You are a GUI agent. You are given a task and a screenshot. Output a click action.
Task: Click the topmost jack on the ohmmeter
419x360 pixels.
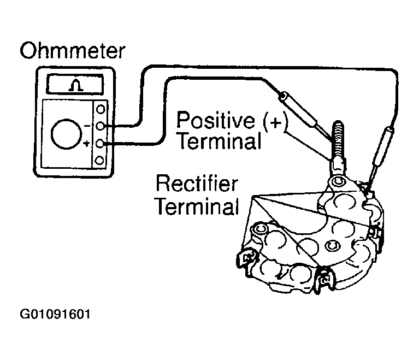point(100,109)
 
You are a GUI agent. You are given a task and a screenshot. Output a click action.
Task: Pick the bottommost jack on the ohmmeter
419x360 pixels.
point(100,160)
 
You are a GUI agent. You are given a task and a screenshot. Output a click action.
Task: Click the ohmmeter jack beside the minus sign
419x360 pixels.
point(100,126)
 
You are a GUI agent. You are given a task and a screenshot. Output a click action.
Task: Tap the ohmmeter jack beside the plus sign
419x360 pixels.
point(100,144)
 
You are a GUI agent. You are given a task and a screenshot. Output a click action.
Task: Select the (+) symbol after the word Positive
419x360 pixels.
point(274,122)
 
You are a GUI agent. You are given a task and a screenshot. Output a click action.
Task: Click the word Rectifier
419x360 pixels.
point(197,184)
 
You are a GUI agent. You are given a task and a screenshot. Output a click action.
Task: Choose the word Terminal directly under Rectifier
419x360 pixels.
point(197,207)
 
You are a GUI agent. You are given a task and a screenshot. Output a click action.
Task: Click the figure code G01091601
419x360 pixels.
point(55,315)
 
